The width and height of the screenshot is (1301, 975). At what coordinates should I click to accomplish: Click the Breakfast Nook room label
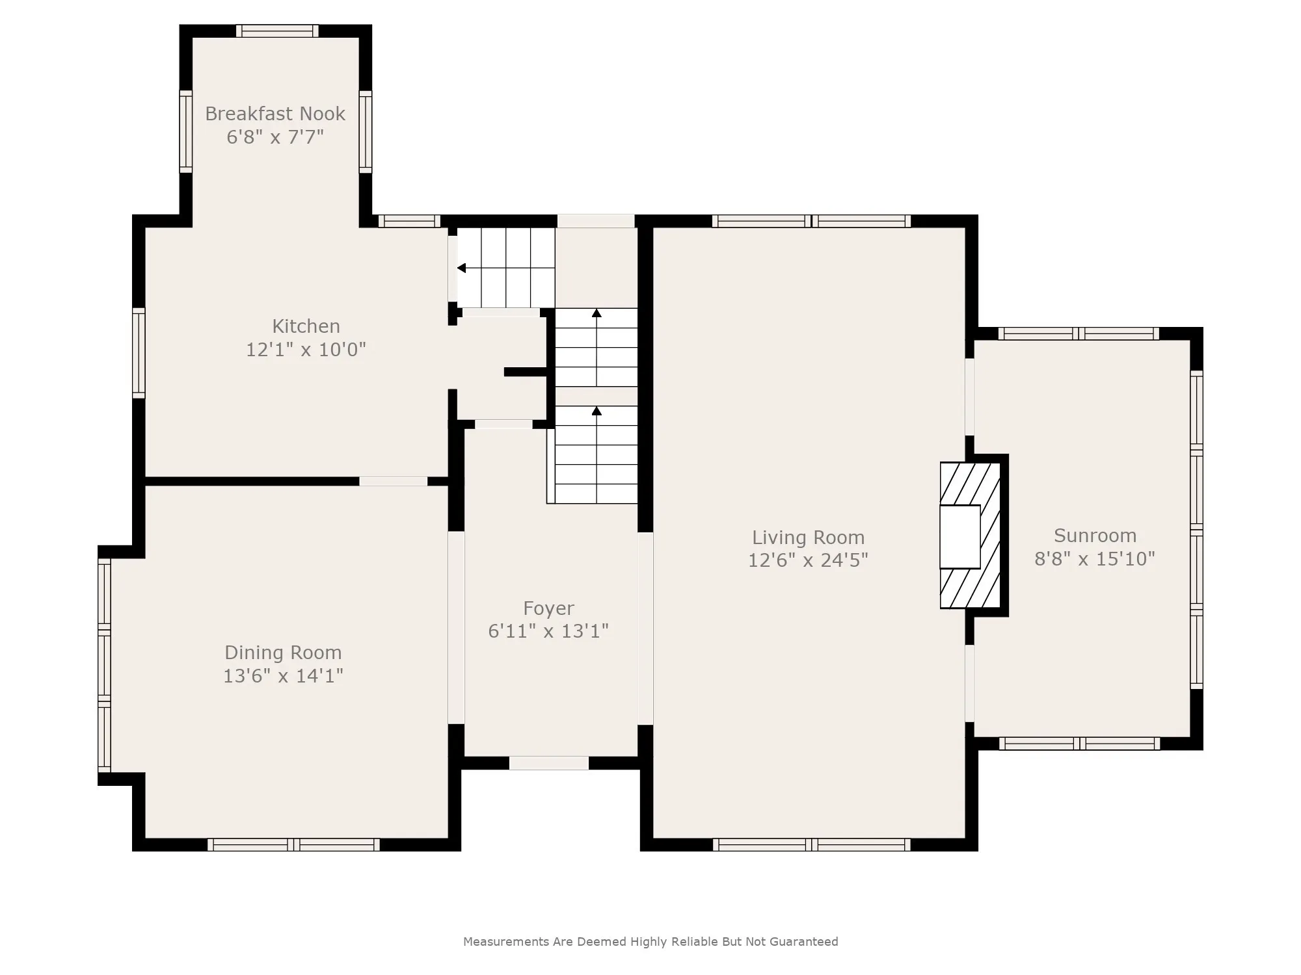tap(275, 114)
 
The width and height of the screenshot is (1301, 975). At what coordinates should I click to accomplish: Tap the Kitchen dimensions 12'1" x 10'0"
tap(306, 350)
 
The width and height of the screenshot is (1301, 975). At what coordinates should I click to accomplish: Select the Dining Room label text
tap(283, 653)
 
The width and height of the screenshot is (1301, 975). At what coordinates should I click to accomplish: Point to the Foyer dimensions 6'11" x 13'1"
tap(548, 631)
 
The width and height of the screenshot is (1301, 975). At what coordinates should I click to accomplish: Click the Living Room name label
tap(809, 538)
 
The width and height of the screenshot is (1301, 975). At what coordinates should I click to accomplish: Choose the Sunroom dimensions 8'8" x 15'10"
tap(1095, 559)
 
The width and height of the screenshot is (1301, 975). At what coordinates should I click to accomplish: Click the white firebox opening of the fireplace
tap(960, 537)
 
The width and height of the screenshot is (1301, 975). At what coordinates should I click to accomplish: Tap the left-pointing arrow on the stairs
tap(461, 268)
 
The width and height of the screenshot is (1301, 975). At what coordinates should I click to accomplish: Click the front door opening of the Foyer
tap(549, 763)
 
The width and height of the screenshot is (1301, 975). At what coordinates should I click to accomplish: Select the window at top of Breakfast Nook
tap(277, 31)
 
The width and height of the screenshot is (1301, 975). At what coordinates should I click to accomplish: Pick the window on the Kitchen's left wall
tap(139, 353)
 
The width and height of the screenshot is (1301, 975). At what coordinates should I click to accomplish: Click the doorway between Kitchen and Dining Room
tap(394, 481)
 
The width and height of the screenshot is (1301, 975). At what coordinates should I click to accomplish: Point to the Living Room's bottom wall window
tap(812, 844)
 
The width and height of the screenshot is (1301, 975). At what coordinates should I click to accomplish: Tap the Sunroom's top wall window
tap(1079, 333)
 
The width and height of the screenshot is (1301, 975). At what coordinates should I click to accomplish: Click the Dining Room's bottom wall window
tap(293, 844)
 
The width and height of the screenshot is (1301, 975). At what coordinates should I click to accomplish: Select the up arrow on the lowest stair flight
tap(597, 411)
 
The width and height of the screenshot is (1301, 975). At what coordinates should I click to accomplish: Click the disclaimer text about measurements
tap(650, 941)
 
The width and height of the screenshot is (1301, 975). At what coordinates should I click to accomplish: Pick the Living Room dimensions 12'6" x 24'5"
tap(809, 560)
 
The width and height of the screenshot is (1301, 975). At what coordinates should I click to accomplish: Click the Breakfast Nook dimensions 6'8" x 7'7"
tap(275, 137)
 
